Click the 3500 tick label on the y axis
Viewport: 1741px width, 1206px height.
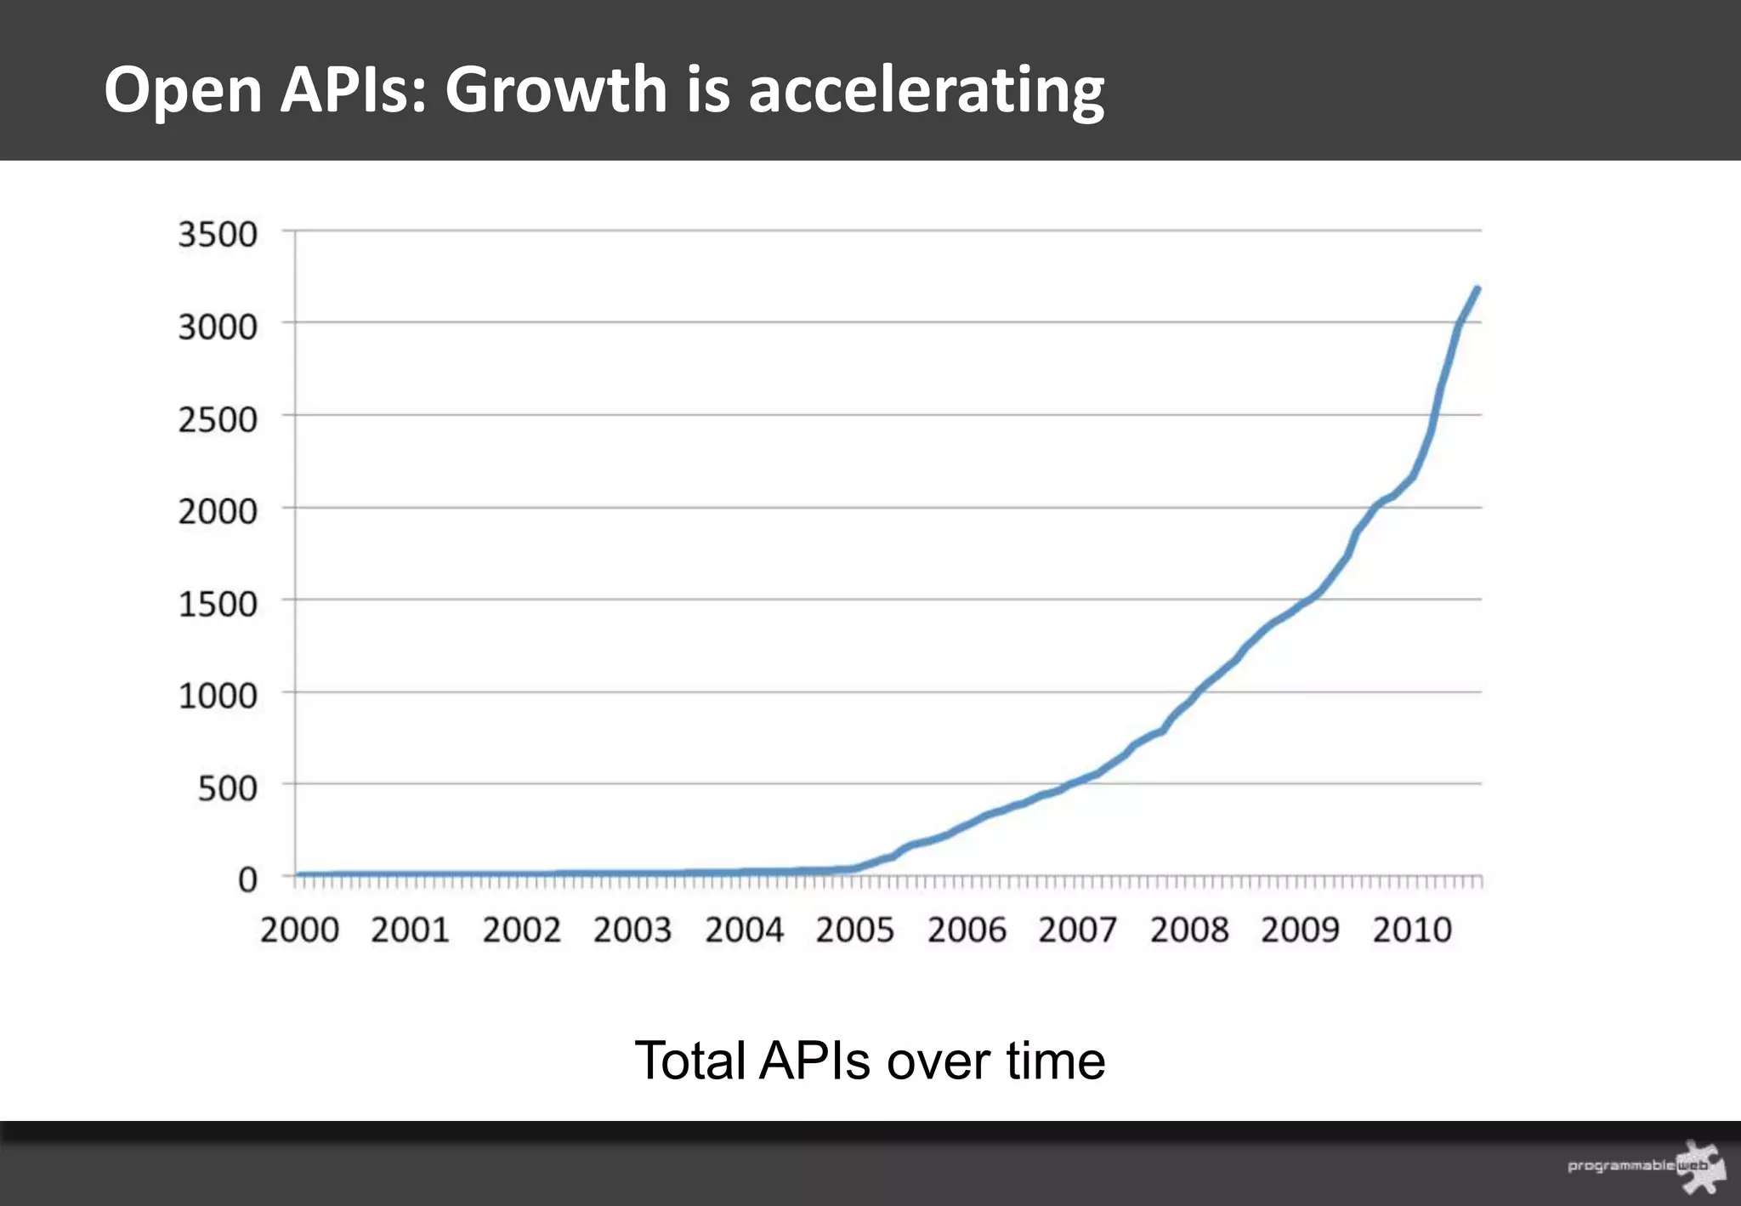(217, 234)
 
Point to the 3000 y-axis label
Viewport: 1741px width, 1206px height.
(217, 327)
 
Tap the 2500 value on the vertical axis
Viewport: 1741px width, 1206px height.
(217, 419)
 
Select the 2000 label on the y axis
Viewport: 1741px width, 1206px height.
(217, 511)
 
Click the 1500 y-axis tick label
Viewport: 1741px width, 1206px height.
(217, 604)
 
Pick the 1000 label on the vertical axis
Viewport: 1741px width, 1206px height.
(217, 696)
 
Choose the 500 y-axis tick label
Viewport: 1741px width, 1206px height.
(227, 788)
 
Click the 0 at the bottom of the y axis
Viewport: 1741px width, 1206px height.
(247, 879)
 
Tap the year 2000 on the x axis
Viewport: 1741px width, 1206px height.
(299, 930)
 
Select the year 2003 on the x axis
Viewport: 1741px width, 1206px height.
(632, 930)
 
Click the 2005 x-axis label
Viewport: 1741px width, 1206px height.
(855, 930)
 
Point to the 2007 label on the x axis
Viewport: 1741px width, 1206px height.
(1077, 930)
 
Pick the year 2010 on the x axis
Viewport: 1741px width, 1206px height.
(1412, 930)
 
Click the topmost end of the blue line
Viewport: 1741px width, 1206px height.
(1477, 290)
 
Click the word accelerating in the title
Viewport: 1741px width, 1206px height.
(926, 90)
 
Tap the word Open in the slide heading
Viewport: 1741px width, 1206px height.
(183, 90)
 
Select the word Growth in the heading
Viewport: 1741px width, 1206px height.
(556, 90)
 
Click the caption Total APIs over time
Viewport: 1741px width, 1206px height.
(870, 1061)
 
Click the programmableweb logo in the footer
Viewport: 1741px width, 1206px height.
(1645, 1166)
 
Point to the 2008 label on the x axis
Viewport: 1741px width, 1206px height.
(1189, 930)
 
